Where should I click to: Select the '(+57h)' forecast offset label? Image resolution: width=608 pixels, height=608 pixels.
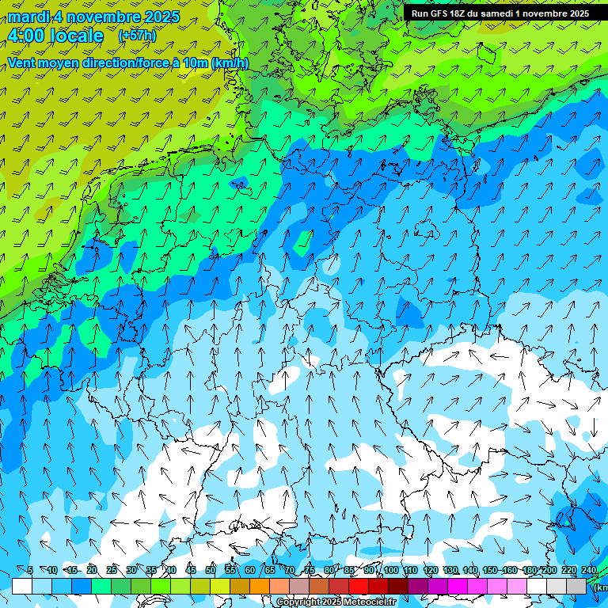point(137,36)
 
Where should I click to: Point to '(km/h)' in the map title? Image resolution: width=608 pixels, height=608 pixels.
point(230,63)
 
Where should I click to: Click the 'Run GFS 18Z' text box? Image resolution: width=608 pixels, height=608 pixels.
point(500,13)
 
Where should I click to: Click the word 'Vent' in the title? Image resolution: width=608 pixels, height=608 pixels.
point(23,63)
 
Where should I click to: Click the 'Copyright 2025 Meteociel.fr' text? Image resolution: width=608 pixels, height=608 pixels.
point(336,602)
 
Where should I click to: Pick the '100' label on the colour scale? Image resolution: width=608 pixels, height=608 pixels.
point(391,571)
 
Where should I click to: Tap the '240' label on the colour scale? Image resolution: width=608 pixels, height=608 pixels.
point(588,571)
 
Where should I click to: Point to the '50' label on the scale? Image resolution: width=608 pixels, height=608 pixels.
point(211,571)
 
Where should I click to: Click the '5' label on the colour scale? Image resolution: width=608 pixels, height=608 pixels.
point(30,571)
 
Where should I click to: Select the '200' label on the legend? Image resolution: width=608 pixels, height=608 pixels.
point(548,571)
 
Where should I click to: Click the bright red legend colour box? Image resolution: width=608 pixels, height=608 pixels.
point(359,587)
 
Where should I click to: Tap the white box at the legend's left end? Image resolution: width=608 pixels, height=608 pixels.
point(22,587)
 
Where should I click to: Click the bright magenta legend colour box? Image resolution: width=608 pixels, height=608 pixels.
point(458,587)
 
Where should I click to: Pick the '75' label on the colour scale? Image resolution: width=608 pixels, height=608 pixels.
point(310,571)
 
